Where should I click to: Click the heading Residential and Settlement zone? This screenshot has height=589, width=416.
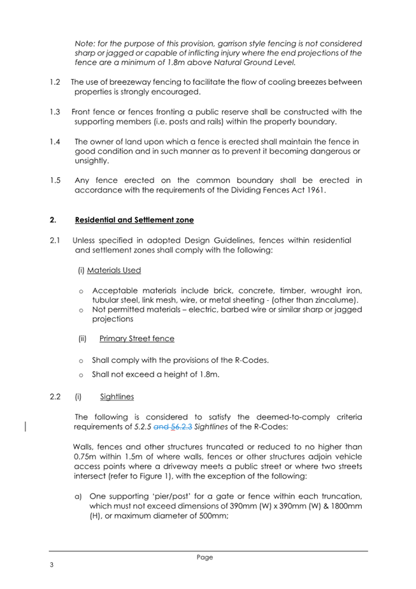pyautogui.click(x=134, y=220)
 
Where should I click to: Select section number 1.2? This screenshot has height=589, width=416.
pyautogui.click(x=55, y=82)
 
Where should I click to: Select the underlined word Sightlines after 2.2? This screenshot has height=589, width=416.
pyautogui.click(x=117, y=397)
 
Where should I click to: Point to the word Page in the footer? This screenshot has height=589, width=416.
pyautogui.click(x=205, y=557)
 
